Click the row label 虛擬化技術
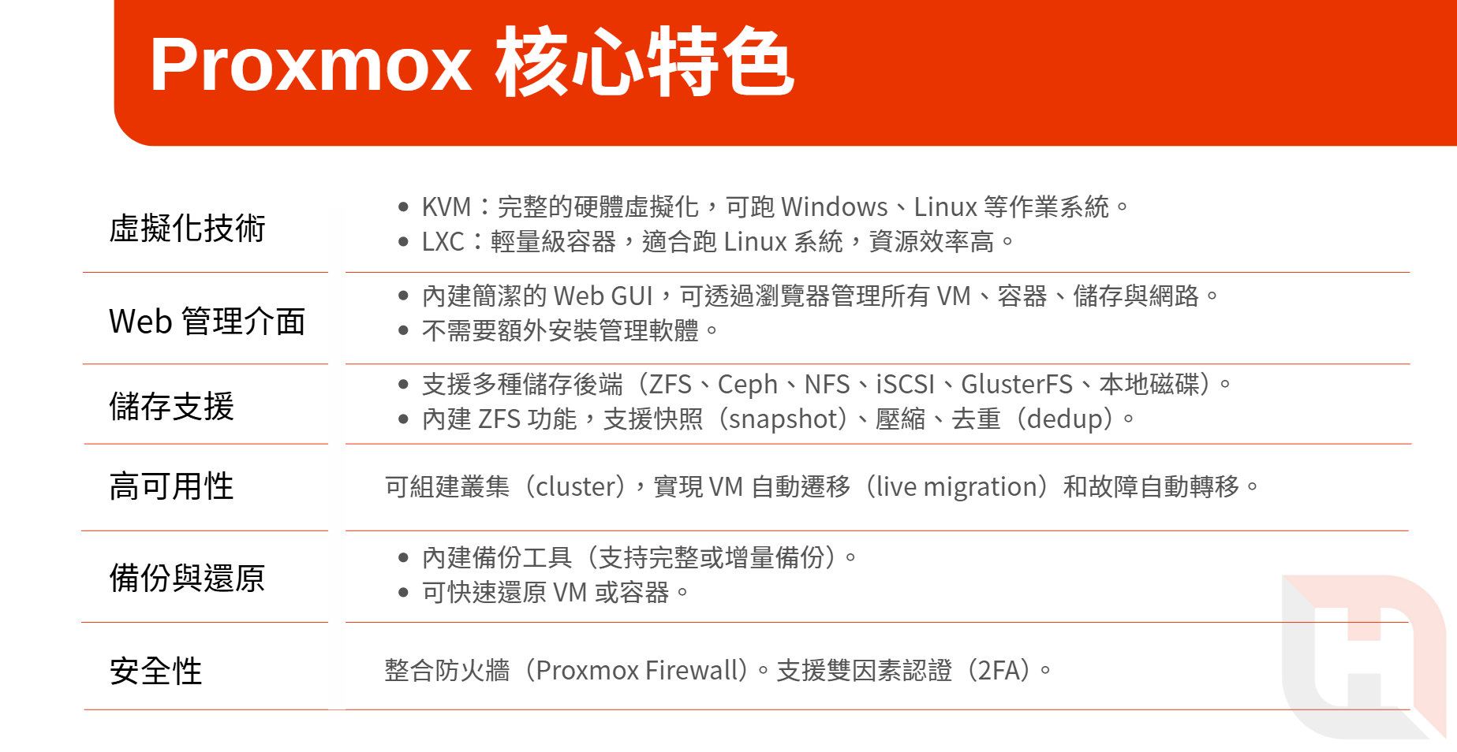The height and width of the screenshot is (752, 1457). (x=188, y=229)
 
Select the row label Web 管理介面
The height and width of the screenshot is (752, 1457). (x=207, y=322)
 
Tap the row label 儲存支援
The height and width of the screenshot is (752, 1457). (x=172, y=407)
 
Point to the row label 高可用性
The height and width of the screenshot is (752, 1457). (x=172, y=486)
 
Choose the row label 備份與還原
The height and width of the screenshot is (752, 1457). (x=188, y=578)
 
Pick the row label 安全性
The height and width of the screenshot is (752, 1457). (x=156, y=671)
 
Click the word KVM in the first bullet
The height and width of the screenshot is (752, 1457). (x=446, y=207)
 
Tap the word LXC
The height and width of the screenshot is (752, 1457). (x=443, y=241)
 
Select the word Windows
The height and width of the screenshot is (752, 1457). (x=835, y=207)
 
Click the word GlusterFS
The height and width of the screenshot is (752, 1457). (x=1017, y=384)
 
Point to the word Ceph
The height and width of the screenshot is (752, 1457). (x=748, y=385)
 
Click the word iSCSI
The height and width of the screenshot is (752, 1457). (x=906, y=384)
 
